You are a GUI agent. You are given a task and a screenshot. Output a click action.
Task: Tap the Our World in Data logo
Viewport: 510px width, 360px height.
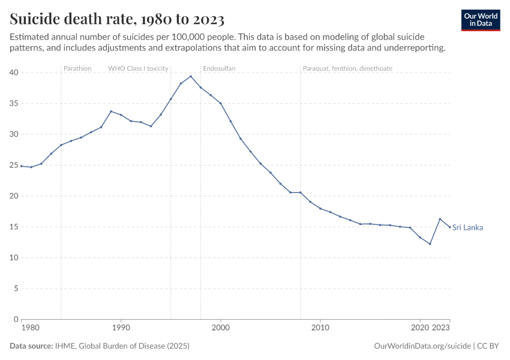pos(481,20)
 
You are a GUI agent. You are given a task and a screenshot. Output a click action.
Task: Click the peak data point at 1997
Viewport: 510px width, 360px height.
pos(191,76)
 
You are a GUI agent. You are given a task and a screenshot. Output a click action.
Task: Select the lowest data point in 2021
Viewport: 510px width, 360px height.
pos(430,244)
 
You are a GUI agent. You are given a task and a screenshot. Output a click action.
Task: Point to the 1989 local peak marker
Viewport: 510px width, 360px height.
pos(111,111)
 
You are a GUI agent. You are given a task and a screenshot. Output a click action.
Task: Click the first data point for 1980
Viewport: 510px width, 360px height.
pos(22,166)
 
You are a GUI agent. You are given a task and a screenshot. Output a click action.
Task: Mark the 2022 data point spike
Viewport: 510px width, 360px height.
pos(440,219)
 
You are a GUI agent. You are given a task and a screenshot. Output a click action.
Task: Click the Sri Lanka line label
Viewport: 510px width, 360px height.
pos(467,227)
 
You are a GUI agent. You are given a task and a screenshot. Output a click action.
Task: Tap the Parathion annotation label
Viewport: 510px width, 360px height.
pos(77,68)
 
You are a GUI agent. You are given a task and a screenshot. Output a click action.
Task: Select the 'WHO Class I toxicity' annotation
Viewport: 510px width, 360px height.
pos(138,68)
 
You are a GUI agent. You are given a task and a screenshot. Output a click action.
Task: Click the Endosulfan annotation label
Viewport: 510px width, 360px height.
pos(219,68)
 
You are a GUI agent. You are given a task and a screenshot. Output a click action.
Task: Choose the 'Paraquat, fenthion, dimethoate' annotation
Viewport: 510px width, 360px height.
pos(347,68)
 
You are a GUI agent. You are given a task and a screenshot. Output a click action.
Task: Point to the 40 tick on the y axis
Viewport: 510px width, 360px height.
pos(14,73)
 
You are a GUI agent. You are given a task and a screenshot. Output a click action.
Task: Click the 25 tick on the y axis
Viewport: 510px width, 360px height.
pos(14,165)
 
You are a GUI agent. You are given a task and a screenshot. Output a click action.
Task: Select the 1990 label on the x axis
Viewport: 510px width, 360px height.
pos(121,328)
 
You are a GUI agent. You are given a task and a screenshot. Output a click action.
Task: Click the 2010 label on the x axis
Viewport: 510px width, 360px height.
pos(320,328)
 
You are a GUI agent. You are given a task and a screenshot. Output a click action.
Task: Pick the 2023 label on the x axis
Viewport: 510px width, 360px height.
pos(441,328)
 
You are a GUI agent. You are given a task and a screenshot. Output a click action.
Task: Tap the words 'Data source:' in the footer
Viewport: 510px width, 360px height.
pos(31,346)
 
